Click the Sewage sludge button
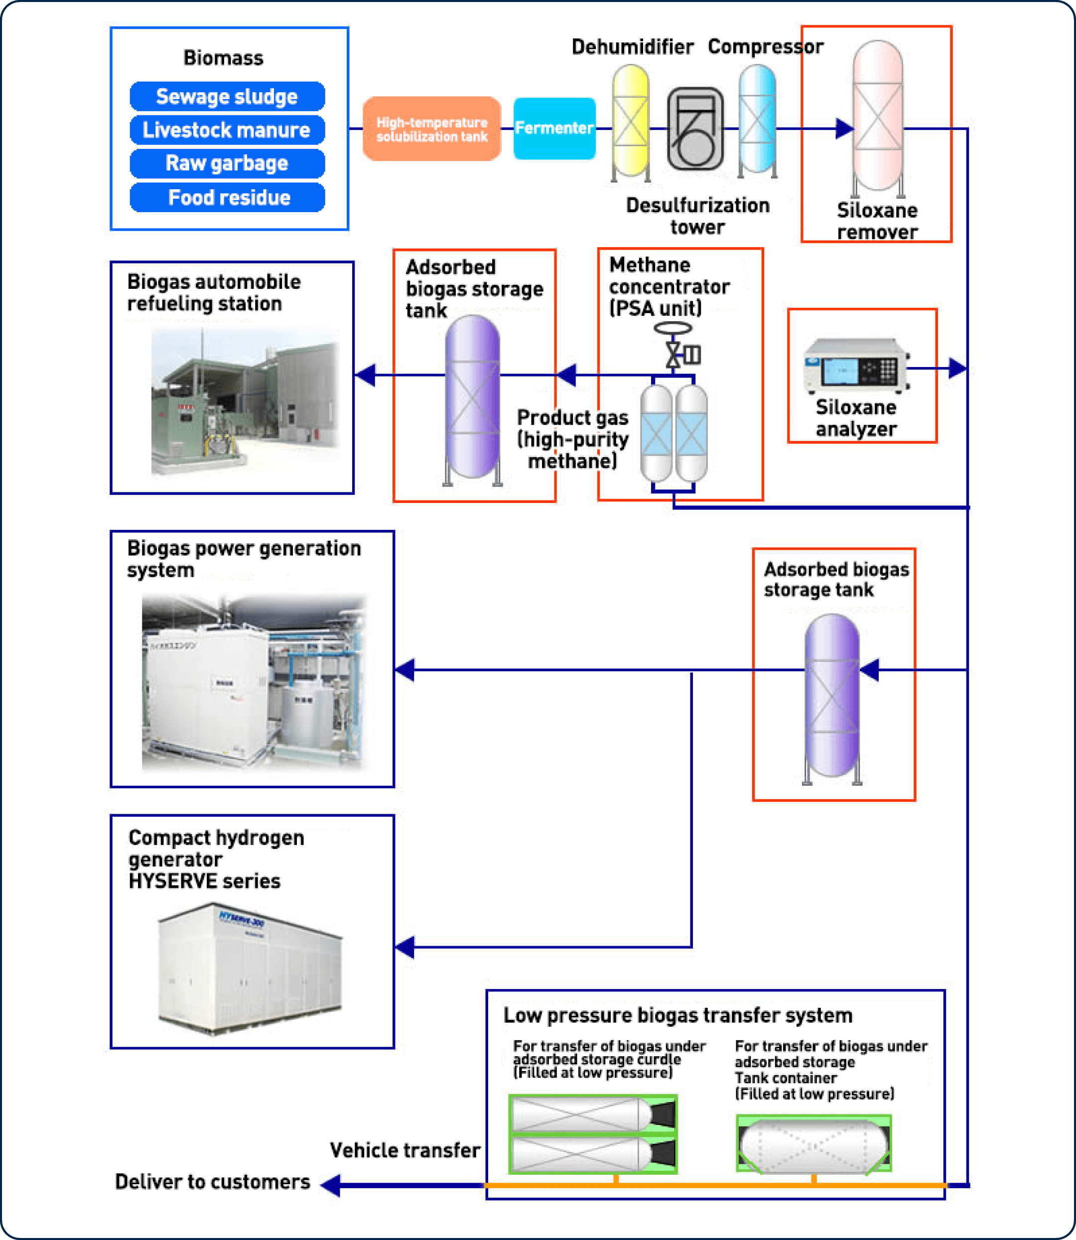coord(227,97)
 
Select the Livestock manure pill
coord(227,129)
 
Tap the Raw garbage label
coord(227,163)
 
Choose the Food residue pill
coord(227,198)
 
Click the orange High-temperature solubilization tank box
coord(432,129)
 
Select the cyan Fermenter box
coord(554,128)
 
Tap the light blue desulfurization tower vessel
coord(757,120)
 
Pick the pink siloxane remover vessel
coord(877,117)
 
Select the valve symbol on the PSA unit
coord(673,355)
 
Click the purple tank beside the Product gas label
coord(473,397)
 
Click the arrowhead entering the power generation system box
coord(405,670)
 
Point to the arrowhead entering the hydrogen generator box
coord(405,947)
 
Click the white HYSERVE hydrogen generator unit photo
coord(249,969)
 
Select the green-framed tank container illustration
coord(813,1143)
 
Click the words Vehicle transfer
coord(404,1150)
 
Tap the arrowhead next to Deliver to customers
coord(331,1185)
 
